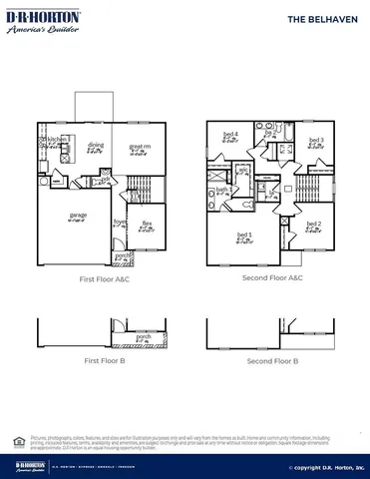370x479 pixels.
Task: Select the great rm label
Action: click(140, 147)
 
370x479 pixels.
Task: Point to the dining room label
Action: click(96, 146)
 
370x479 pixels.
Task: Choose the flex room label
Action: click(147, 224)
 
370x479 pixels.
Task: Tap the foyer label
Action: click(120, 224)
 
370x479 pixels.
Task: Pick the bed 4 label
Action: click(229, 135)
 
